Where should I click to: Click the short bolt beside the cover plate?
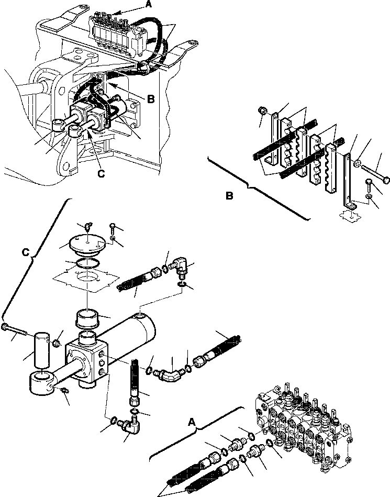[x=113, y=228]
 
